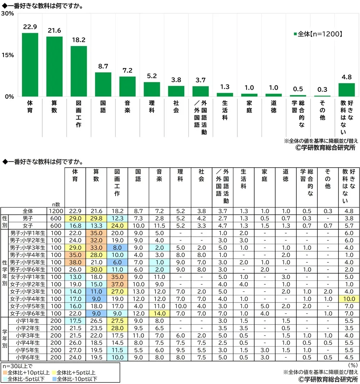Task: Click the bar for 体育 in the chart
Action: pyautogui.click(x=30, y=65)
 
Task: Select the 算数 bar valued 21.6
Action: pyautogui.click(x=54, y=67)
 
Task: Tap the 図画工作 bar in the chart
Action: pyautogui.click(x=78, y=71)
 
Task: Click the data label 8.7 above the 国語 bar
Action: pyautogui.click(x=103, y=67)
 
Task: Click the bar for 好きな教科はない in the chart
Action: pyautogui.click(x=347, y=90)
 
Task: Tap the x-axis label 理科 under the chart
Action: pyautogui.click(x=152, y=107)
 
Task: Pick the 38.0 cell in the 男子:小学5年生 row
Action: pyautogui.click(x=75, y=263)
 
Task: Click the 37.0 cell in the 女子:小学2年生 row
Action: pyautogui.click(x=117, y=284)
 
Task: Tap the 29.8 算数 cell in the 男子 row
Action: pyautogui.click(x=96, y=218)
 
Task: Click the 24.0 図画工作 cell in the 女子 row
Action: pyautogui.click(x=117, y=226)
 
